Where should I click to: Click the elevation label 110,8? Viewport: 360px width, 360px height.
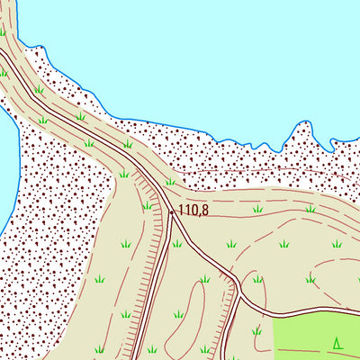point(193,211)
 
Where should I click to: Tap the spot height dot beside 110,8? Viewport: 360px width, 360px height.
point(172,211)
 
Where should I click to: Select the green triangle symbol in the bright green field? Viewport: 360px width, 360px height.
point(337,342)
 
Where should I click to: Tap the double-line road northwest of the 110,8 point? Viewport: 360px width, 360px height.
point(108,144)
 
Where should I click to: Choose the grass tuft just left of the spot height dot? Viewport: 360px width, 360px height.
point(147,206)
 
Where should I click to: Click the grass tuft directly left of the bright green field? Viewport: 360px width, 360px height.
point(257,331)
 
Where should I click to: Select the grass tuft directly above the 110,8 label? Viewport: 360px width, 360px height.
point(170,181)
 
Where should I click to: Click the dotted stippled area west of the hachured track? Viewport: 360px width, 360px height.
point(54,225)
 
